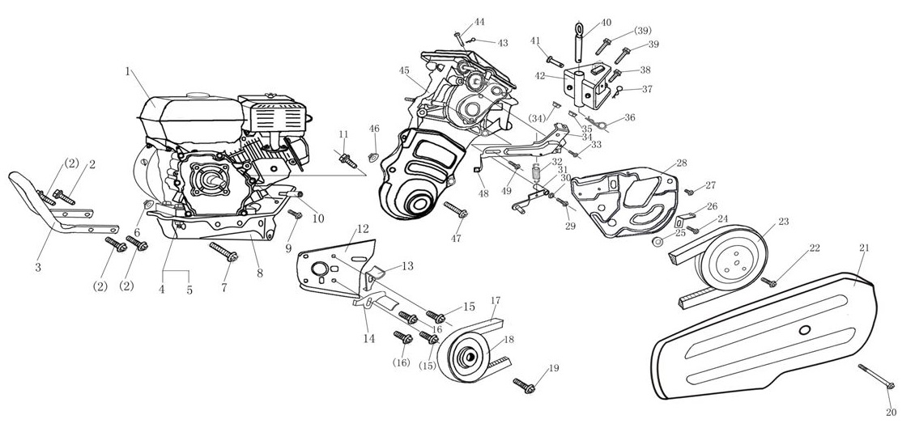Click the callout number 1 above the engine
click(128, 71)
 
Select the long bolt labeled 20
click(875, 379)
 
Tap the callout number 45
click(404, 71)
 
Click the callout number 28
click(681, 163)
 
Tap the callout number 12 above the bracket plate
click(362, 229)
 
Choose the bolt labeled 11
click(346, 155)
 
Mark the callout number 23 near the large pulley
click(783, 221)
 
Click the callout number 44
click(479, 22)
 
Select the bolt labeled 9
click(295, 215)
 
